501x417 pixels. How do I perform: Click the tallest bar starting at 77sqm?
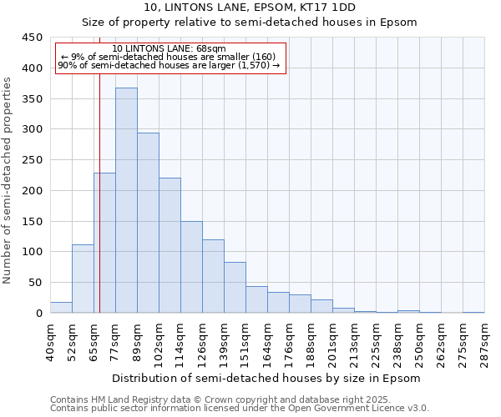[x=126, y=200]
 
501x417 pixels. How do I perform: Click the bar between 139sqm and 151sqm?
[x=235, y=288]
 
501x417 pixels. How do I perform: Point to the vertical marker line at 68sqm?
[x=99, y=208]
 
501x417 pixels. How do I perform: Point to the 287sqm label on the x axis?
[x=484, y=343]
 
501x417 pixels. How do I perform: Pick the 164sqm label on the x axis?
[x=267, y=343]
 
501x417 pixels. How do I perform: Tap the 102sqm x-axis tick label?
[x=159, y=343]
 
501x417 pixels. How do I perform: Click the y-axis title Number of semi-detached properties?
[x=8, y=179]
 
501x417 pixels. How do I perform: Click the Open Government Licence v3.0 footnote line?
[x=239, y=409]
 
